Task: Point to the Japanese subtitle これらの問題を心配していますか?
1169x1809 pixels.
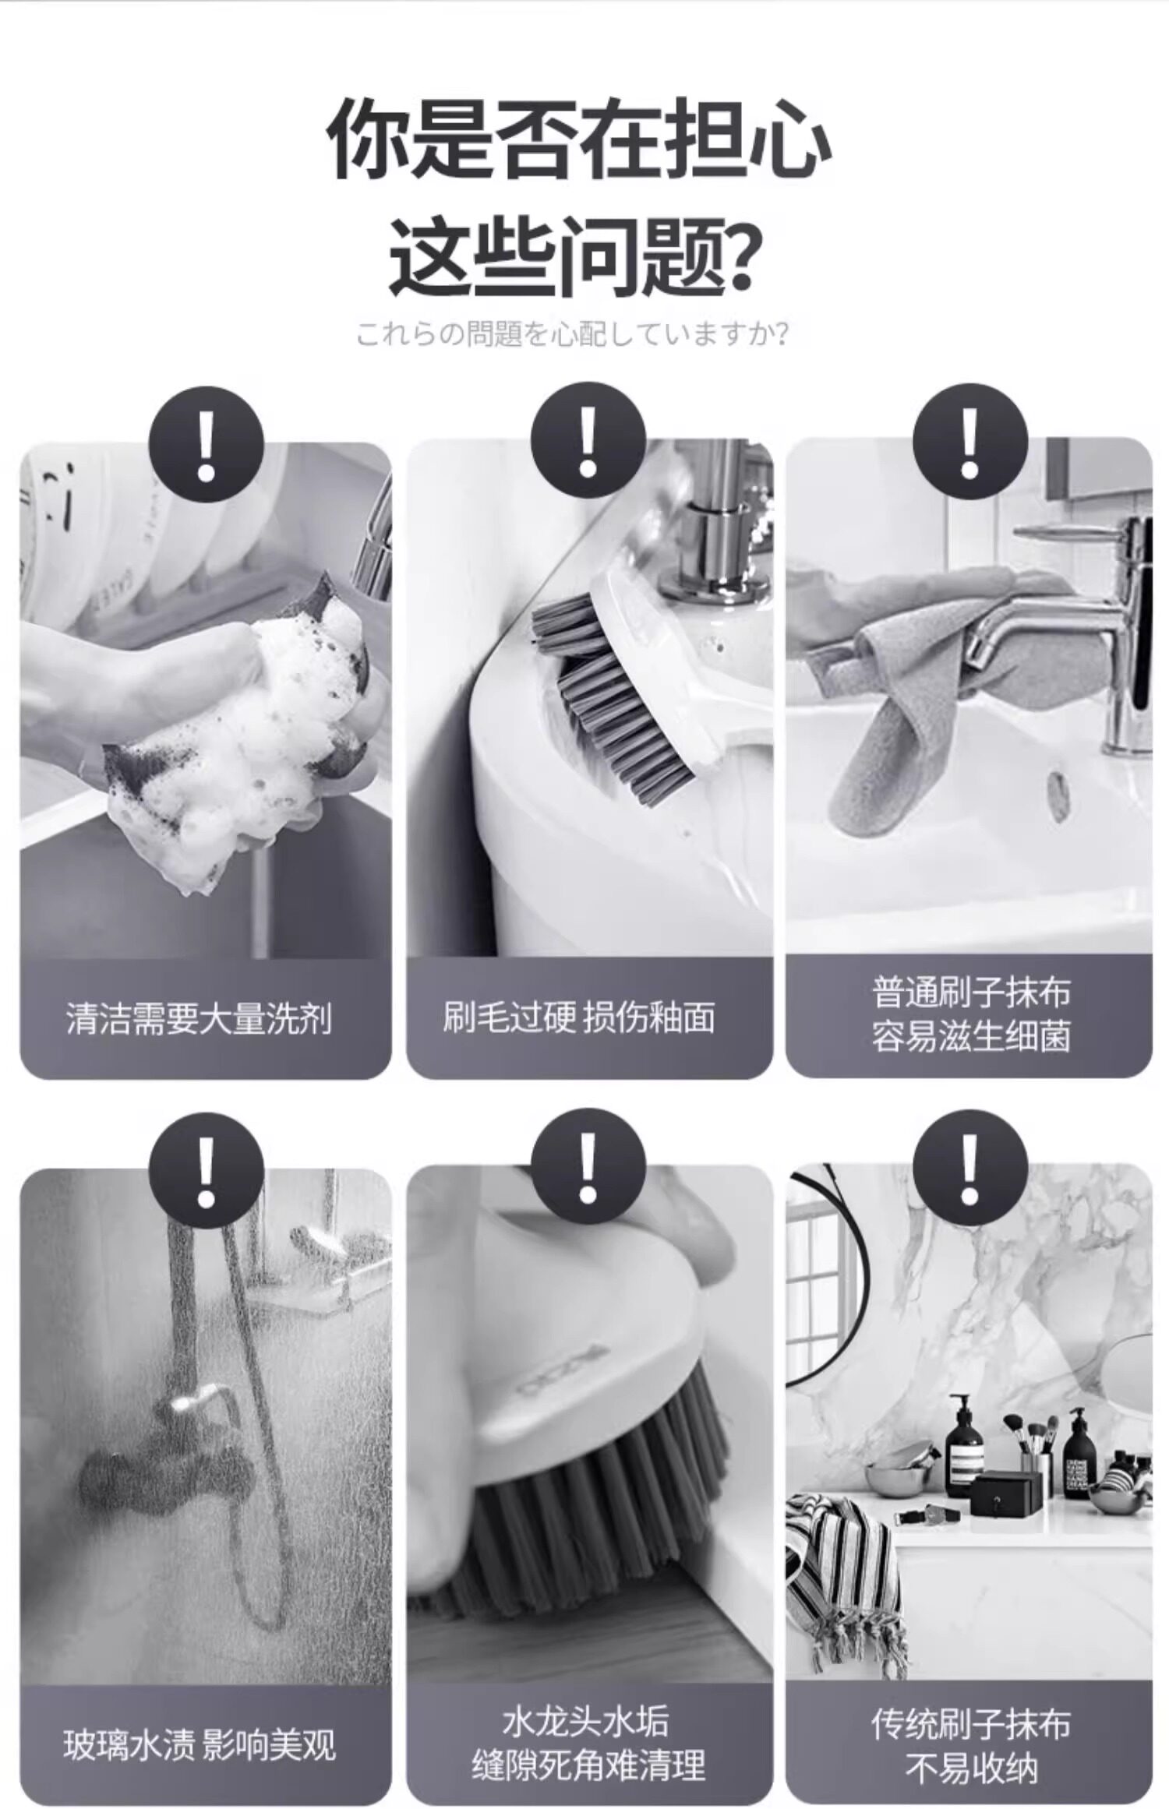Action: [x=573, y=334]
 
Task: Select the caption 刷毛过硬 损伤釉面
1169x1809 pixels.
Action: [x=578, y=1017]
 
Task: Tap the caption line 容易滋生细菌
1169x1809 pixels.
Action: [x=970, y=1037]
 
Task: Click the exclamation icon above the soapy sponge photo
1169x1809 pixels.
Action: [x=206, y=445]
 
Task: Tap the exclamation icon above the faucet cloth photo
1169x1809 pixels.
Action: [x=969, y=442]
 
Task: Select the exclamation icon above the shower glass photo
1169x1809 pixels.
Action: [x=206, y=1171]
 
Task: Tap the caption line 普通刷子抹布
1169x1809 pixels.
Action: [x=970, y=993]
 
